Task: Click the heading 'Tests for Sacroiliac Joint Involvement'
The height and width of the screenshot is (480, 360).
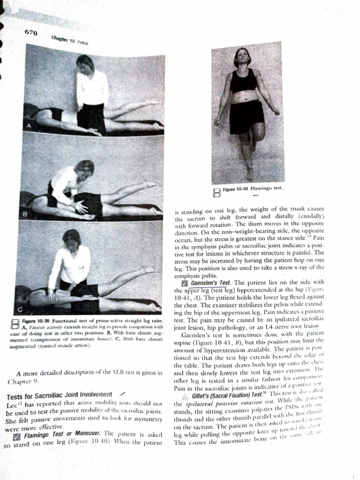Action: click(x=59, y=394)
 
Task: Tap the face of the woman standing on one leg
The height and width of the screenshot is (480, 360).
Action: click(x=242, y=56)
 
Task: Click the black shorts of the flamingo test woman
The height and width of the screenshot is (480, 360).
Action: click(x=246, y=117)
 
